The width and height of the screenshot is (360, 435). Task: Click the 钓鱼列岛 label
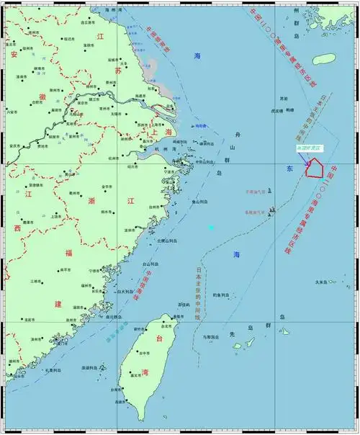(x=220, y=295)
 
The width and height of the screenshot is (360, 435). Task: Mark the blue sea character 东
(x=289, y=169)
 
